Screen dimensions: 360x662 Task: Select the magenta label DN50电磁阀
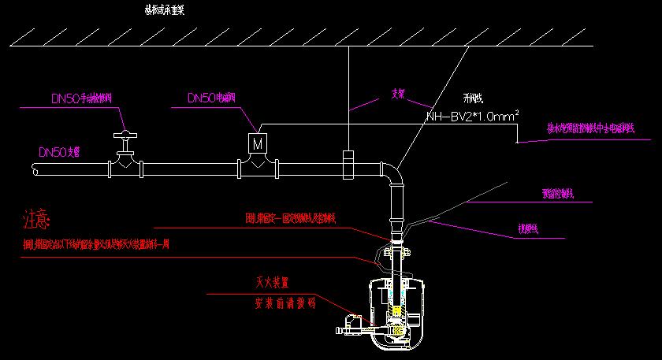[x=210, y=98]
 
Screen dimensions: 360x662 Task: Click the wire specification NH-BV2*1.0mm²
[x=473, y=117]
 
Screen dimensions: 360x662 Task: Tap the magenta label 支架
[x=398, y=92]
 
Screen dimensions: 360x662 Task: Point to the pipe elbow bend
[x=392, y=171]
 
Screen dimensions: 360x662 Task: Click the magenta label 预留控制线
[x=558, y=193]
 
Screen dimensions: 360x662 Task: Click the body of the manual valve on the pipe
[x=125, y=165]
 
